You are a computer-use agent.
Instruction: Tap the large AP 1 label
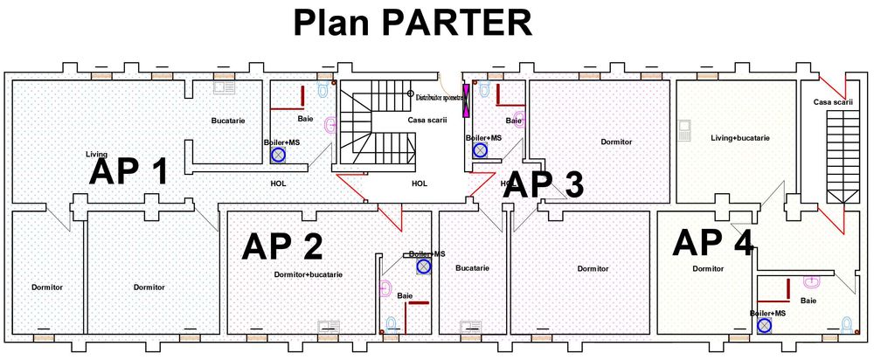pos(128,171)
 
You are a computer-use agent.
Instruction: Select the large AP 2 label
pos(281,246)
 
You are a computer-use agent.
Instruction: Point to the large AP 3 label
pos(544,185)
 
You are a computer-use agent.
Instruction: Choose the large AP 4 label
pos(712,242)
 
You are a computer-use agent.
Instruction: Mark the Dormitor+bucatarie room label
pos(308,274)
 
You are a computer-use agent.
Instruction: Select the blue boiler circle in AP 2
pos(423,266)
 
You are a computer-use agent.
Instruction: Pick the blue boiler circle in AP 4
pos(765,325)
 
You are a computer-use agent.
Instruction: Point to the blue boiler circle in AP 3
pos(480,150)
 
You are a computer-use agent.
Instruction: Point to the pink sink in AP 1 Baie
pos(329,125)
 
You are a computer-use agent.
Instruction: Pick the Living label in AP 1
pos(96,154)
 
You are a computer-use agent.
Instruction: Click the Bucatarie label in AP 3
pos(472,267)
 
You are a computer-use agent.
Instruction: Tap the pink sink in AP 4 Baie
pos(812,283)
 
